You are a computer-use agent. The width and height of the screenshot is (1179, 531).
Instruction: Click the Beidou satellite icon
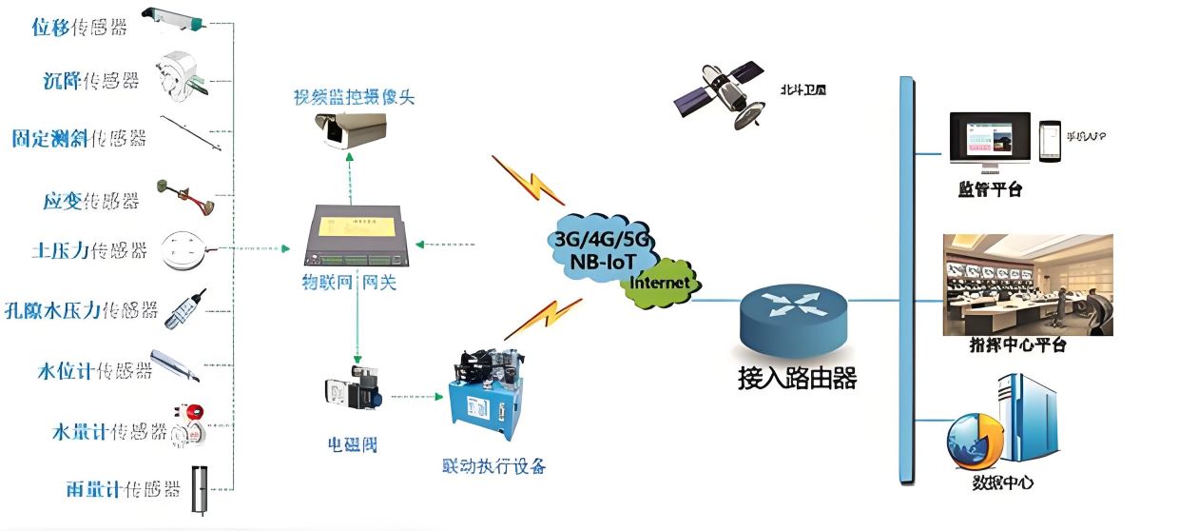725,93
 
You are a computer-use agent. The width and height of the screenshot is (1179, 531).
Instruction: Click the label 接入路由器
797,379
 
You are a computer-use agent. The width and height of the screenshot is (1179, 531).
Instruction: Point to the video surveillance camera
349,130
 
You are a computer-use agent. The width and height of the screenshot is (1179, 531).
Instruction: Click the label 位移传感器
79,28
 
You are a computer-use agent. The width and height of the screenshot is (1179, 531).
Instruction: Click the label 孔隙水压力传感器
93,310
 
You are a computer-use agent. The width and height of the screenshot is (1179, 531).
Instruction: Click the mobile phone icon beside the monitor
1049,139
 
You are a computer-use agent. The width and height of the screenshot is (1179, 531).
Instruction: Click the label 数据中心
1003,483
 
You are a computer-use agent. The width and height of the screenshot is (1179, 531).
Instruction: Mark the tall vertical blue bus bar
905,281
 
